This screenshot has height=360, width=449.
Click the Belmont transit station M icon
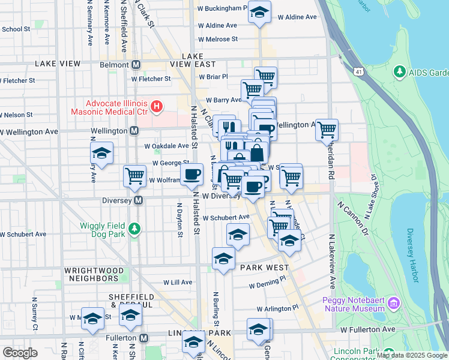(x=137, y=65)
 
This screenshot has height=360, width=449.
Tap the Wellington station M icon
(x=134, y=131)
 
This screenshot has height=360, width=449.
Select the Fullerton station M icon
(x=143, y=338)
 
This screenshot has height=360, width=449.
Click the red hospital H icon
(x=157, y=107)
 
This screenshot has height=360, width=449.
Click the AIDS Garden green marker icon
(x=400, y=72)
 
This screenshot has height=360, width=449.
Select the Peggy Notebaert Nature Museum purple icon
(x=393, y=304)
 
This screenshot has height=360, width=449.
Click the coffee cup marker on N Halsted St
(x=192, y=175)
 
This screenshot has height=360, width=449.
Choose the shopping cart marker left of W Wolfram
(x=134, y=176)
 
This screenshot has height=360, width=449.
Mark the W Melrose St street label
(x=218, y=38)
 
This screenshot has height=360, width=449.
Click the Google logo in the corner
(x=20, y=353)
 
